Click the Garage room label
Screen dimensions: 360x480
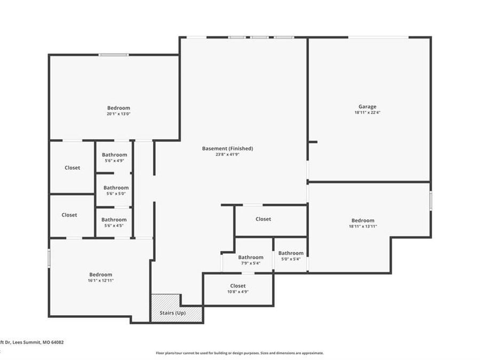[367, 107]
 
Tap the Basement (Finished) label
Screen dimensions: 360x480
[227, 148]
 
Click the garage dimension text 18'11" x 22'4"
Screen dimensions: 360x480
[367, 113]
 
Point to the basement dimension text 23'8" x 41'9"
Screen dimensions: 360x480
[227, 155]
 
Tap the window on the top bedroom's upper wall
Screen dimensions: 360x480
[113, 54]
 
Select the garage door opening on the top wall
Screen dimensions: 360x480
[379, 37]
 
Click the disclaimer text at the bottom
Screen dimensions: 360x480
[239, 353]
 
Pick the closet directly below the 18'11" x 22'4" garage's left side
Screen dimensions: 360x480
[263, 219]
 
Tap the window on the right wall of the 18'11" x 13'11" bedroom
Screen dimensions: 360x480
[430, 201]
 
